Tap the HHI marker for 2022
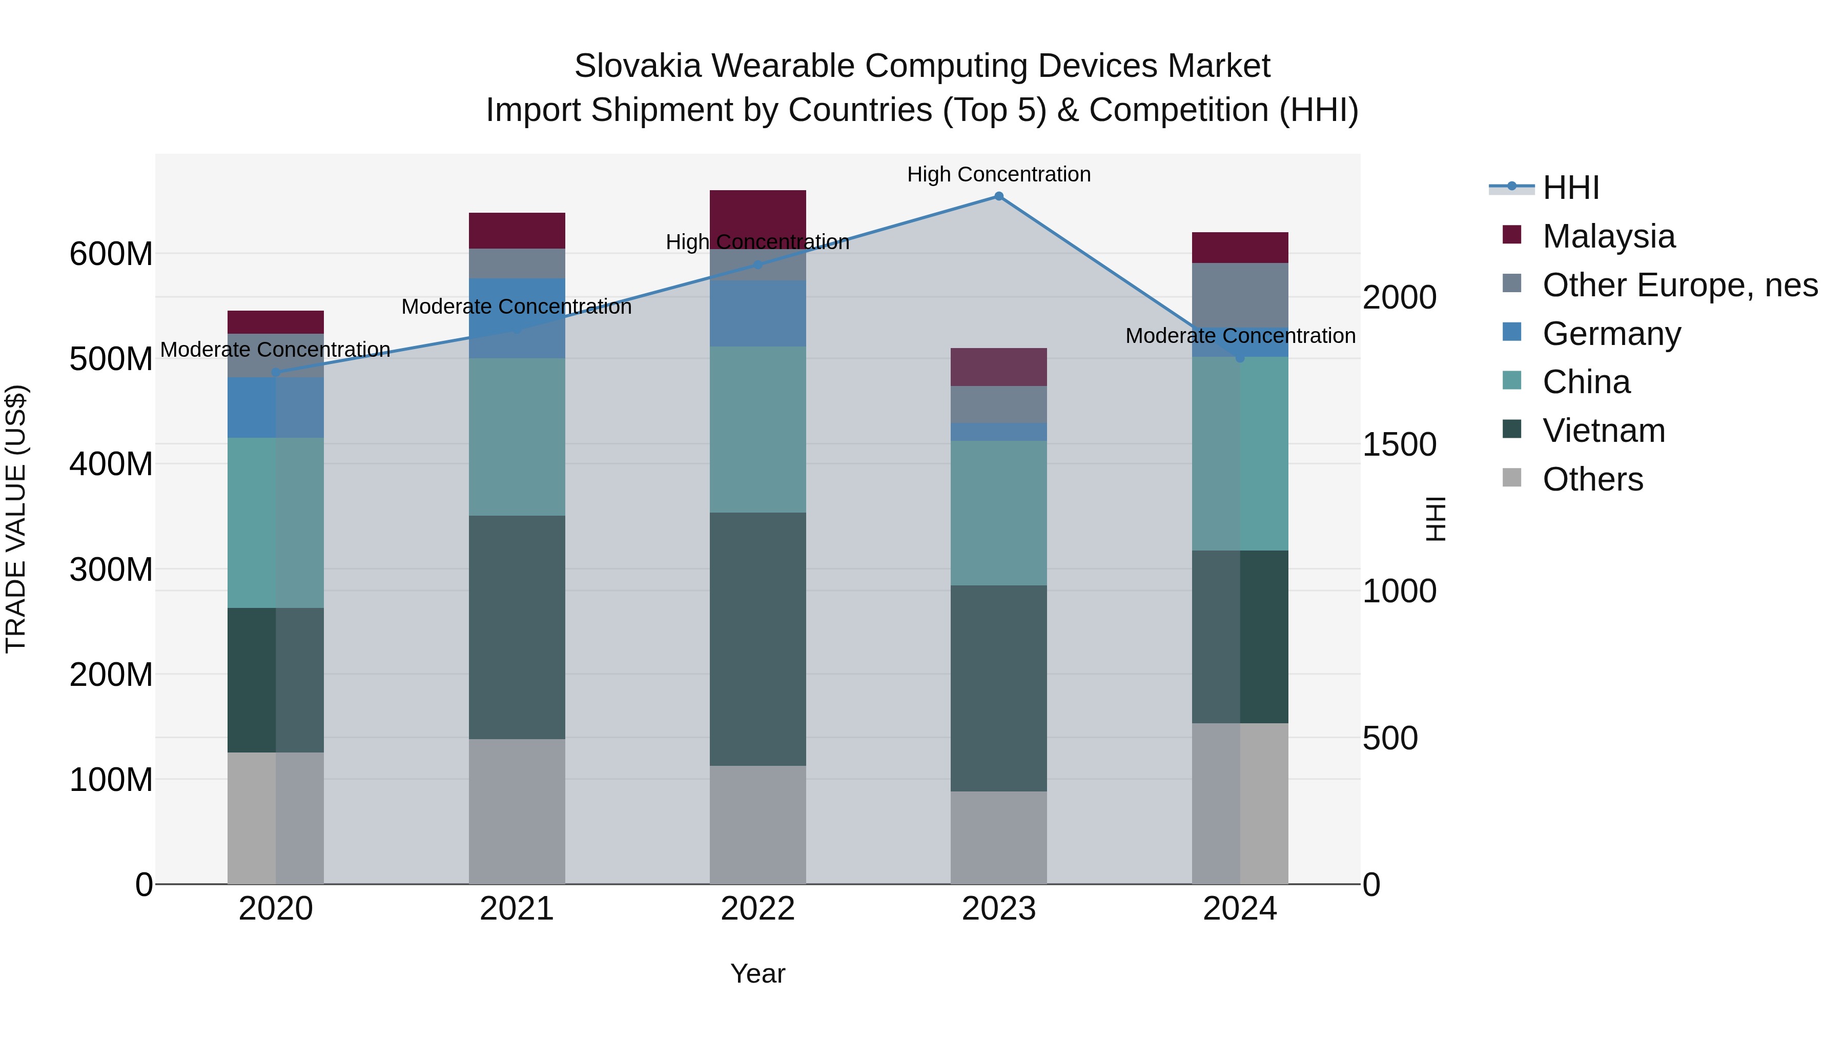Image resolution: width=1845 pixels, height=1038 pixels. point(758,265)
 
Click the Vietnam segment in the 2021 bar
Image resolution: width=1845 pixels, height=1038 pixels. point(517,627)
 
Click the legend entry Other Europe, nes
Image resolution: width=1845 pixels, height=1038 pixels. point(1679,285)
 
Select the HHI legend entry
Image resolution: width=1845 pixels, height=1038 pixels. point(1571,188)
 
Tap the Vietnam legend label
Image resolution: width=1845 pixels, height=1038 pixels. point(1604,431)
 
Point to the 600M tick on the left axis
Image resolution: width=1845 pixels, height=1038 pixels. point(111,254)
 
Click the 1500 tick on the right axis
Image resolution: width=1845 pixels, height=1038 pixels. point(1399,445)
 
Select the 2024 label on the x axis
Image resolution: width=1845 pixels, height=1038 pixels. point(1240,909)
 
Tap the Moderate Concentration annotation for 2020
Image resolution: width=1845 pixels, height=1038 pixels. point(275,350)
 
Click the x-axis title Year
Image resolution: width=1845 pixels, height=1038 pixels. point(758,973)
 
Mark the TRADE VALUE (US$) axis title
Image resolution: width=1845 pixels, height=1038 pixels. point(16,519)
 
